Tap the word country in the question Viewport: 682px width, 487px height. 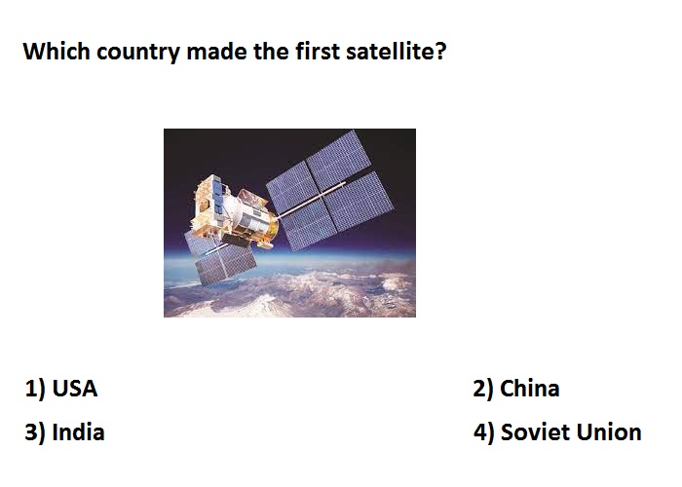coord(138,54)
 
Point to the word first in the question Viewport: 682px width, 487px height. coord(318,51)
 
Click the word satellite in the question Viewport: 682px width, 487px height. coord(390,51)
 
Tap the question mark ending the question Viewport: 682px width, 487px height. coord(439,51)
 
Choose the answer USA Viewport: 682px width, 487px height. coord(75,389)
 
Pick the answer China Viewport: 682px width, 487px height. coord(530,388)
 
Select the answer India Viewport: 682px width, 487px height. coord(78,432)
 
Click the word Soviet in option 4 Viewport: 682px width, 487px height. coord(536,432)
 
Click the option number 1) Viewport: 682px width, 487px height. coord(35,389)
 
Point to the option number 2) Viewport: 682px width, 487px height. coord(483,389)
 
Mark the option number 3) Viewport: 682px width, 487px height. coord(35,432)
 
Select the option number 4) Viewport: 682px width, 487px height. coord(484,432)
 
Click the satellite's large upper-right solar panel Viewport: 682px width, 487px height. coord(330,191)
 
